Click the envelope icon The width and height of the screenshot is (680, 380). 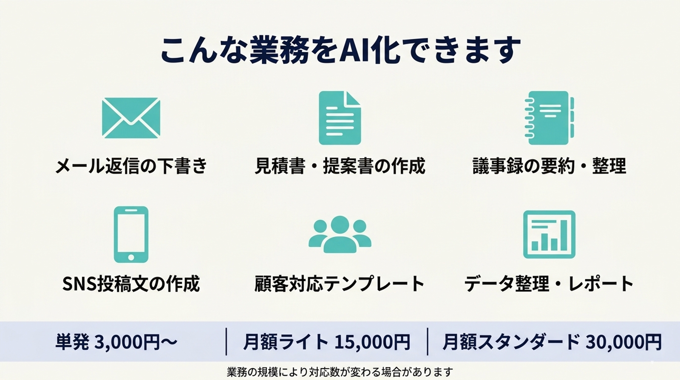[x=131, y=118]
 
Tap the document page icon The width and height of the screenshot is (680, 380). [x=340, y=118]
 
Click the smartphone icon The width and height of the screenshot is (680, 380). [x=131, y=234]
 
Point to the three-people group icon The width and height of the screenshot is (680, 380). [x=340, y=234]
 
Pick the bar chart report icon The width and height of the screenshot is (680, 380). [x=549, y=234]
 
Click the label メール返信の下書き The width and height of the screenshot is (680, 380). [x=131, y=166]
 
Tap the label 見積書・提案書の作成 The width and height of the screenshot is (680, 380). [x=340, y=166]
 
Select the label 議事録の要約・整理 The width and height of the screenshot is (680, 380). [x=549, y=166]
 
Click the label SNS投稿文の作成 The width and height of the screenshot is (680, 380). [x=131, y=284]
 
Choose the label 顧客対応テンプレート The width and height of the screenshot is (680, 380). [x=340, y=284]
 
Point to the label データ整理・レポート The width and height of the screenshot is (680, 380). [x=549, y=284]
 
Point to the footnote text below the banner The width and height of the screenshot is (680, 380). [x=340, y=372]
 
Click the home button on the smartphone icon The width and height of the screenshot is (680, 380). [x=131, y=257]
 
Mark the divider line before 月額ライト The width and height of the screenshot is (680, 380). [x=226, y=341]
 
